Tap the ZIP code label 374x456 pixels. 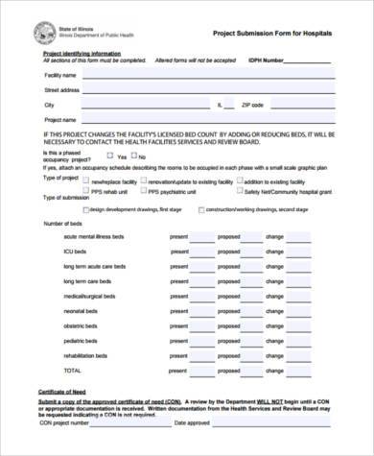pyautogui.click(x=252, y=104)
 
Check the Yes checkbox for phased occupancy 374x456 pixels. pyautogui.click(x=111, y=155)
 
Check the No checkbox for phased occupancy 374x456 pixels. pyautogui.click(x=134, y=155)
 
